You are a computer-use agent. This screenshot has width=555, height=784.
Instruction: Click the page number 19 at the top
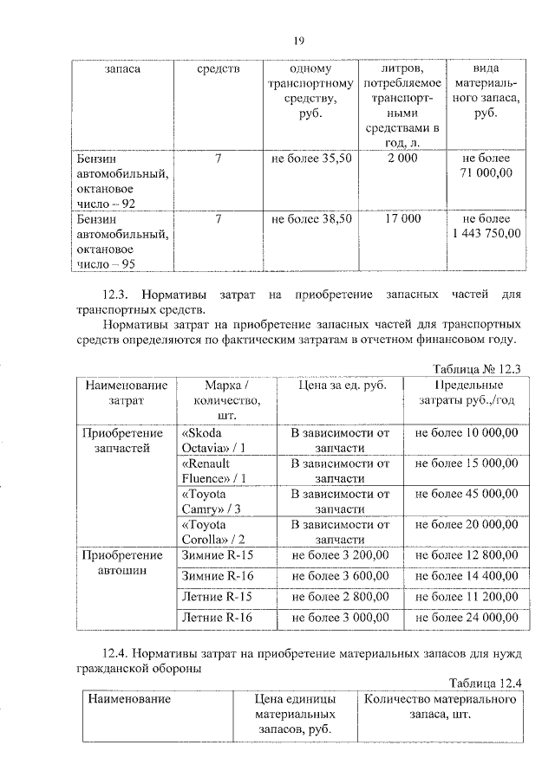tap(297, 40)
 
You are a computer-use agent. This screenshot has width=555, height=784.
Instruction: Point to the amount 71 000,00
tap(486, 173)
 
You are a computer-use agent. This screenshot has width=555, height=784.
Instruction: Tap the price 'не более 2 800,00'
tap(340, 596)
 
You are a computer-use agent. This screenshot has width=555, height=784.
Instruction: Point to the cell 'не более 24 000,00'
tap(467, 618)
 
